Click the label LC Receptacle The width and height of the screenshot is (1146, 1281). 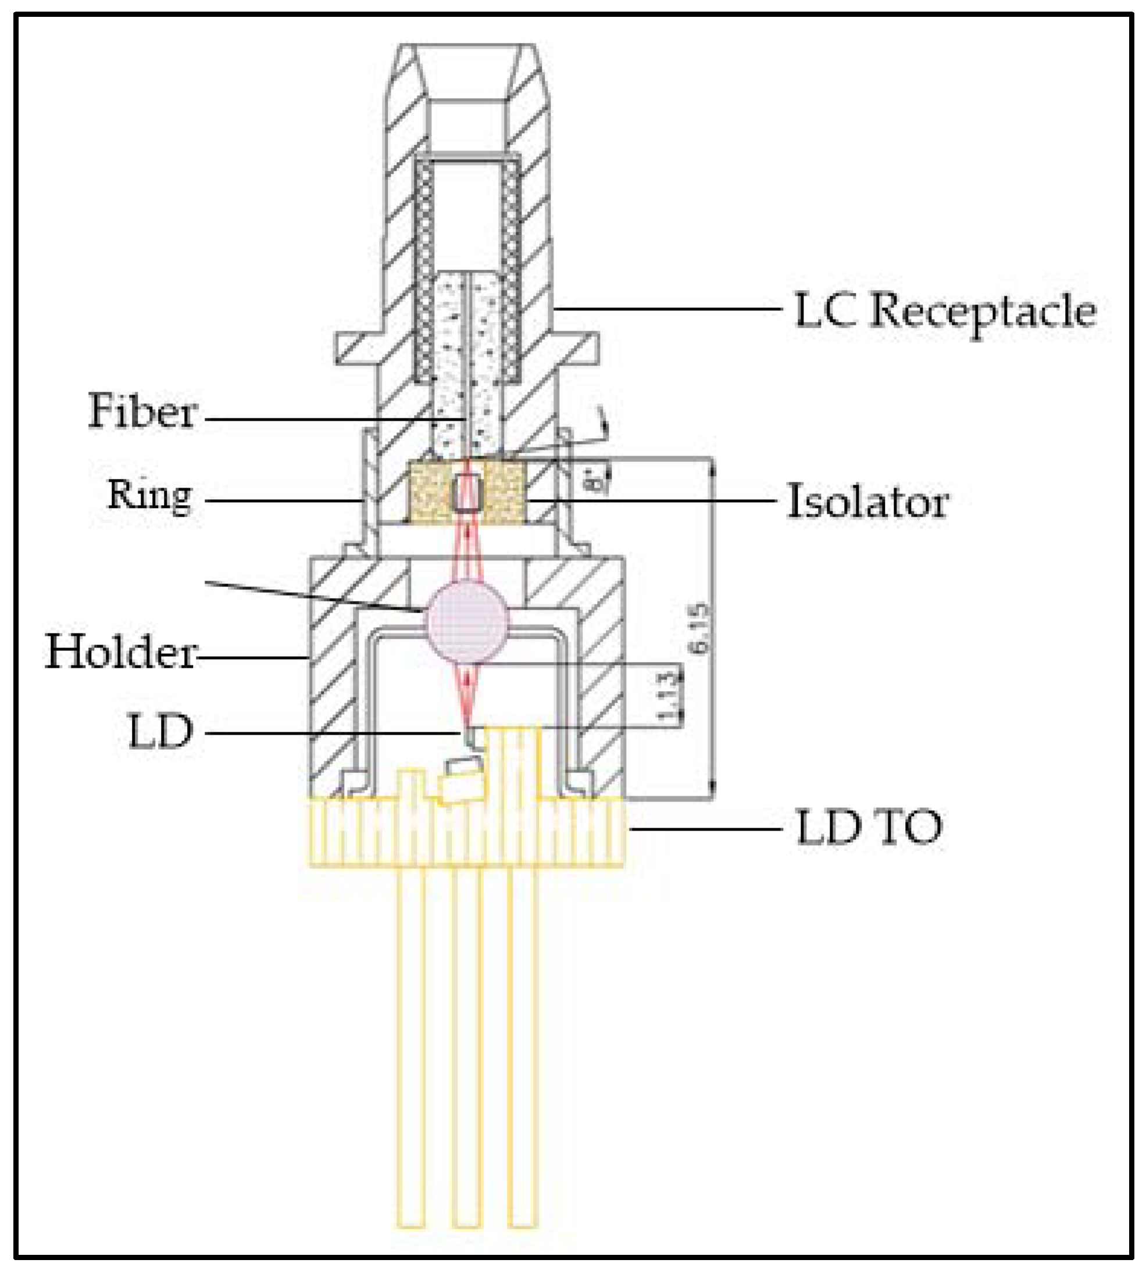click(x=944, y=311)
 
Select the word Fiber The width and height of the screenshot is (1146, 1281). click(x=142, y=412)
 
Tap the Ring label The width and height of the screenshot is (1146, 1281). click(x=150, y=495)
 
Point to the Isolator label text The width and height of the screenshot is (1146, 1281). click(x=867, y=502)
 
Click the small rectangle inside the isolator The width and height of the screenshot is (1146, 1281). click(x=466, y=492)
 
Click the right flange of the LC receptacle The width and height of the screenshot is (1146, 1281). click(x=578, y=349)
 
